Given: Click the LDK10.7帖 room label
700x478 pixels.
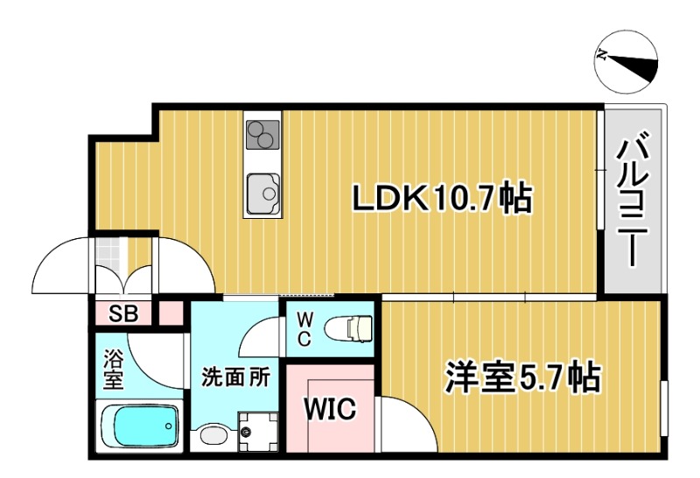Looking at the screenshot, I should tap(441, 200).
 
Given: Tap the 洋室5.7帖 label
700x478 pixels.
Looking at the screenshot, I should tap(522, 377).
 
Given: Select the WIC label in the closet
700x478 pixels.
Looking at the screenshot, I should tap(329, 409).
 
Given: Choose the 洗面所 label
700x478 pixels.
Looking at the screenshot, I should tap(235, 377).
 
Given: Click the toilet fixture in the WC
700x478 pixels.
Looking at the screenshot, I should tap(349, 328).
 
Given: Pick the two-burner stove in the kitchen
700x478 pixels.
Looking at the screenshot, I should tap(261, 136).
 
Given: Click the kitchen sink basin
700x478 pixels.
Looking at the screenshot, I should tap(262, 189).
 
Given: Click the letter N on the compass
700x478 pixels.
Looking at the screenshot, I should tap(603, 54).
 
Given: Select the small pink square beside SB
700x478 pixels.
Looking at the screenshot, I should tap(171, 313).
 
